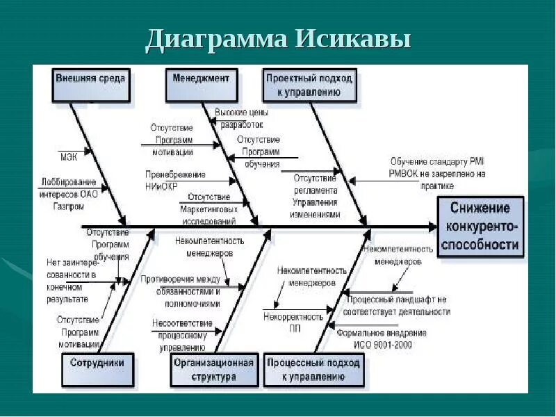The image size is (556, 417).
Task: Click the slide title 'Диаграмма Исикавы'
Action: pos(278,39)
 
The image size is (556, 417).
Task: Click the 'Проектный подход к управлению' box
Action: pos(309,84)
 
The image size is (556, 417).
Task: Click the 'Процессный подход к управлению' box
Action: pos(313,369)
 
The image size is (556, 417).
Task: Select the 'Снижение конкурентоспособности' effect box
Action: pos(480,227)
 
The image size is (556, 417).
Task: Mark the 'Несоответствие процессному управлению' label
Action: pos(182,334)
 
